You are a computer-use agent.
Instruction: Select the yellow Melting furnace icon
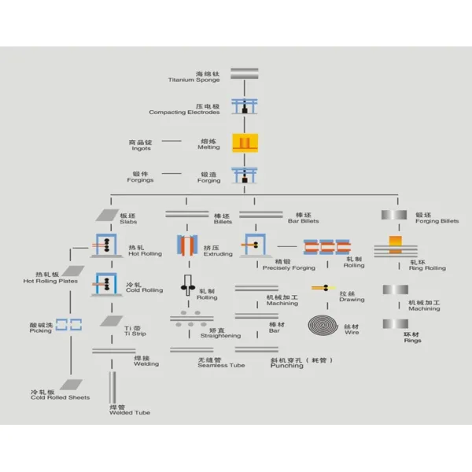coord(245,143)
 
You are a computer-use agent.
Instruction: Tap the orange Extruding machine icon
coord(188,247)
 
